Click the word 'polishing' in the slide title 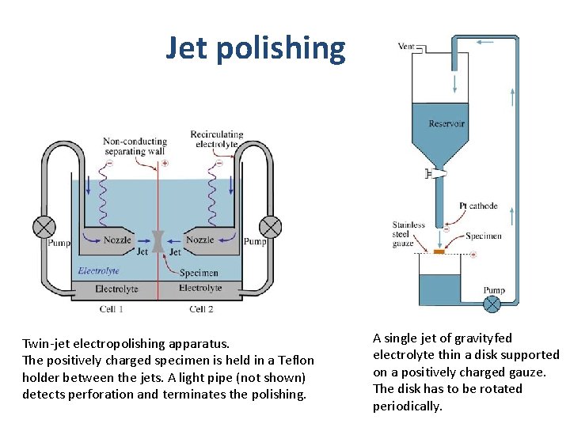(280, 49)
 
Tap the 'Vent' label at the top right (406, 47)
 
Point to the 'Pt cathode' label (478, 206)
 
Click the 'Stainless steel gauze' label (408, 234)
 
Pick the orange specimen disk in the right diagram (439, 252)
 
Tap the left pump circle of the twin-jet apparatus (44, 227)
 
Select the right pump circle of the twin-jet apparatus (271, 227)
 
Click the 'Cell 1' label (111, 309)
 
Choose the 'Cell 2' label (201, 309)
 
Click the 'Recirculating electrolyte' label (216, 140)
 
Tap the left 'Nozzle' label (117, 240)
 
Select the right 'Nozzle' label (199, 240)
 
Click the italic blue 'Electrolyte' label (98, 270)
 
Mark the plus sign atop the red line (165, 164)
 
